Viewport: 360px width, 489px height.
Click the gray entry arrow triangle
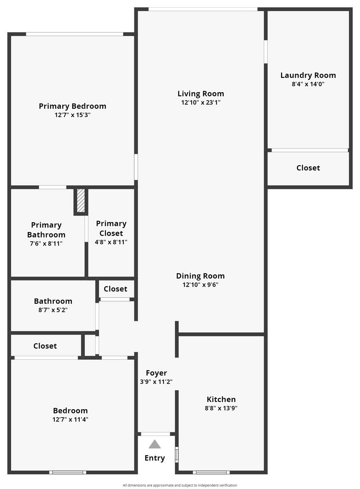155,444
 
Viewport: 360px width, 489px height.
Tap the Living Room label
201,94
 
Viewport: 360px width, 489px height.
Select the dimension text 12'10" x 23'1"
201,103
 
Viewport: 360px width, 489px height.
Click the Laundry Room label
308,75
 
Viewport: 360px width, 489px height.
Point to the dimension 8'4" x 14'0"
308,84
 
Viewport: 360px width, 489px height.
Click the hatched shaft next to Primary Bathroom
81,201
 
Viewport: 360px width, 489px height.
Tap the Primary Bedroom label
72,106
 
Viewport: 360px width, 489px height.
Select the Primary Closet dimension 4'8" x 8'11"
111,242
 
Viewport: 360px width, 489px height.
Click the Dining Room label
200,276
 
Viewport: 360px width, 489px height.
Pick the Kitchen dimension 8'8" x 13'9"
221,408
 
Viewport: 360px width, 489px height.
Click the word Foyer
156,373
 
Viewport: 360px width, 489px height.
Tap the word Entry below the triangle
155,458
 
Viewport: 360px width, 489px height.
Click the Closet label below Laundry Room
308,168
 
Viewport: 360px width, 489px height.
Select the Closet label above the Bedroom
45,346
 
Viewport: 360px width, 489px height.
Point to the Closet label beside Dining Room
115,289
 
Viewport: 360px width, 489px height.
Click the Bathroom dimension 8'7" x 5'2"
53,310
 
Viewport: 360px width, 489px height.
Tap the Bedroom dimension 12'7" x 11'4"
70,420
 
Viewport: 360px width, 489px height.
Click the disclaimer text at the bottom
180,485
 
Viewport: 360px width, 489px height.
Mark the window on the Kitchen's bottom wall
211,472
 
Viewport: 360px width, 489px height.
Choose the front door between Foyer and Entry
155,434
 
